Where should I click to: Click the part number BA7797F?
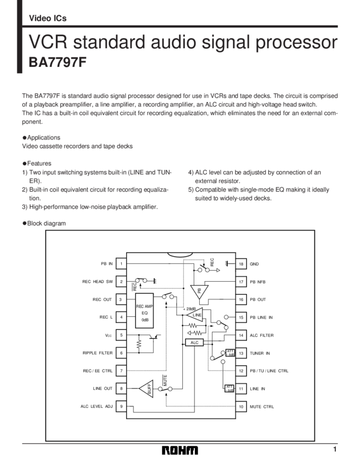tap(58, 62)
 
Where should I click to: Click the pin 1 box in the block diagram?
tap(121, 264)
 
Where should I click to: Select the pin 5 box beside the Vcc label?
tap(121, 335)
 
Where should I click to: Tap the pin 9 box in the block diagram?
tap(121, 407)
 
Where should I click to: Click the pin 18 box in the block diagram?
tap(240, 264)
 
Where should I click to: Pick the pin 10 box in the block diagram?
tap(240, 407)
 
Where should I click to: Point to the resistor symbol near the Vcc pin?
tap(139, 344)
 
